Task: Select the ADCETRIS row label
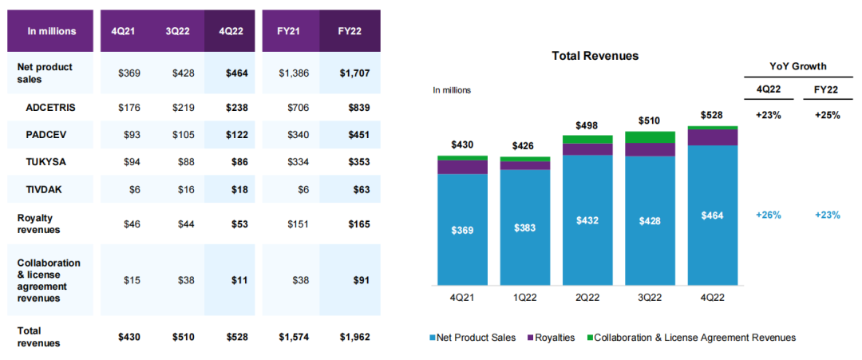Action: coord(49,106)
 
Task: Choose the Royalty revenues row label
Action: coord(39,224)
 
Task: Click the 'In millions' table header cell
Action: coord(52,31)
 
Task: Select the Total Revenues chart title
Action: coord(595,56)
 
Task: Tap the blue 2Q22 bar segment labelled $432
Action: coord(587,220)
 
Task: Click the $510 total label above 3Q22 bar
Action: coord(650,120)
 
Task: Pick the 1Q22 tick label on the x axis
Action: coord(525,297)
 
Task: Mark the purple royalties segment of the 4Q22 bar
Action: coord(712,137)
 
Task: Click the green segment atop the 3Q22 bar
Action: coord(650,137)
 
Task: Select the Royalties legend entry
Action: coord(552,338)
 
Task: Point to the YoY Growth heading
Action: coord(798,66)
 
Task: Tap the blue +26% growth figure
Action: coord(768,215)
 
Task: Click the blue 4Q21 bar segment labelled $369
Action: coord(463,230)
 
